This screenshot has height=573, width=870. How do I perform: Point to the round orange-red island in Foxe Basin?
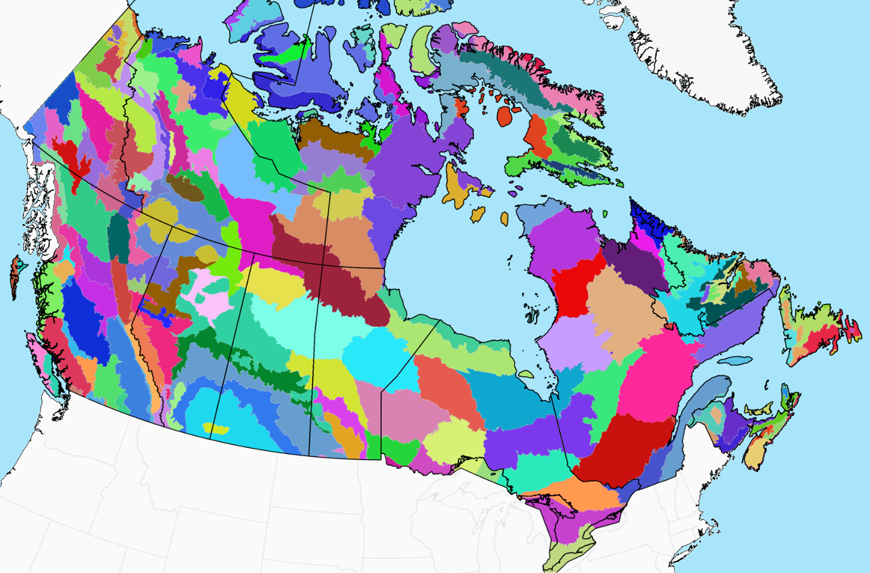click(505, 117)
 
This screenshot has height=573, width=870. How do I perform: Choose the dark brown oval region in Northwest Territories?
click(185, 188)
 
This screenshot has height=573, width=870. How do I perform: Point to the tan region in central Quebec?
click(620, 312)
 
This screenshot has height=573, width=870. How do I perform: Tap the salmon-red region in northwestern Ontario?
click(447, 385)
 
